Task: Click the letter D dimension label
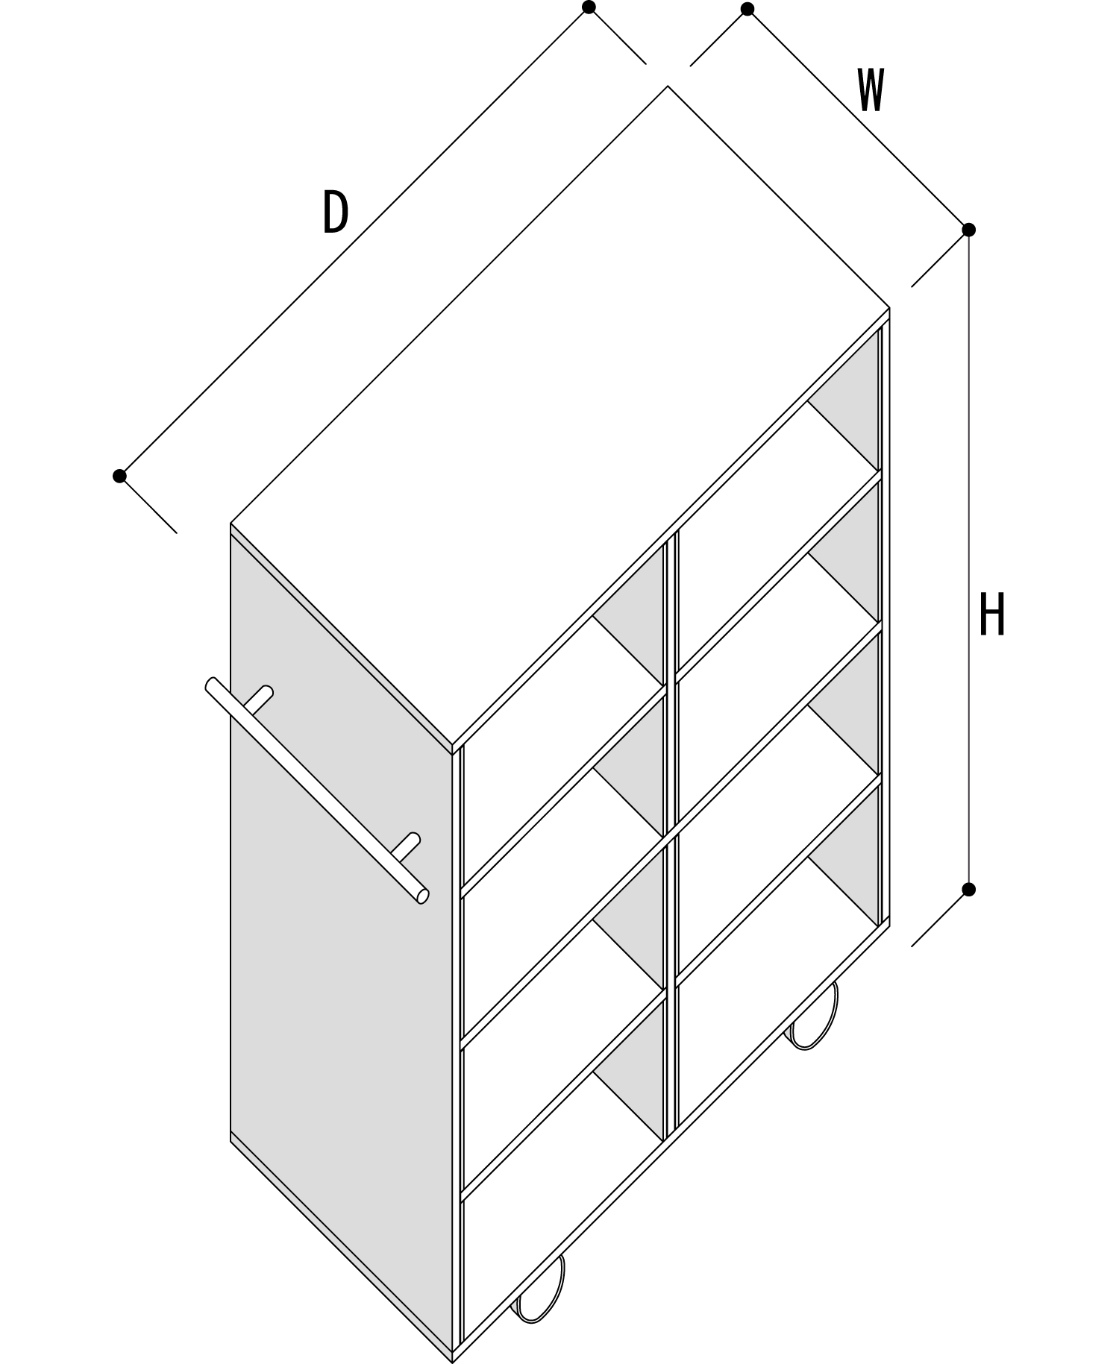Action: click(x=336, y=212)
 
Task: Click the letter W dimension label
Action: click(x=871, y=90)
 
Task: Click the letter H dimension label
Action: click(x=992, y=615)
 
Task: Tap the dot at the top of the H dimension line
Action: click(x=968, y=230)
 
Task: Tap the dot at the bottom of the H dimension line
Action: click(x=968, y=889)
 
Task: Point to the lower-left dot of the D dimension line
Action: click(x=119, y=476)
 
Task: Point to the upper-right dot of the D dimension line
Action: click(x=589, y=7)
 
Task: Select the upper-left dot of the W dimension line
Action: click(x=747, y=9)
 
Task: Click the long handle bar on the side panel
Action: click(x=317, y=791)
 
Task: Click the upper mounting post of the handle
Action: click(x=260, y=699)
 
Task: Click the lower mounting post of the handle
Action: click(x=407, y=846)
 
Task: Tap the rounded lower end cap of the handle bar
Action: click(x=422, y=896)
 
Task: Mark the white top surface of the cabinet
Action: click(x=559, y=418)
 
